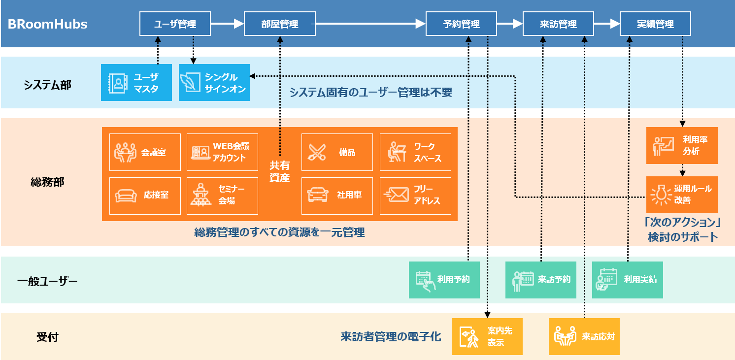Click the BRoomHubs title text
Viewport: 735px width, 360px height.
click(48, 24)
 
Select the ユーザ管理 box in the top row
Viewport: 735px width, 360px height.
click(175, 24)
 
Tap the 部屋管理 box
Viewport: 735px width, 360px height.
click(279, 24)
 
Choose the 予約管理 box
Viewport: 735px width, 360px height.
click(462, 24)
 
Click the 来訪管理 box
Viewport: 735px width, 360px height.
click(558, 24)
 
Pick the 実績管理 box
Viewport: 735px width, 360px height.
click(655, 24)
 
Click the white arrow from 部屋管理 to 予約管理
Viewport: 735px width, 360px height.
click(369, 24)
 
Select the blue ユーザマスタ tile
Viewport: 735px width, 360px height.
click(136, 83)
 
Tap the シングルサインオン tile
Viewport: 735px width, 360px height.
click(214, 83)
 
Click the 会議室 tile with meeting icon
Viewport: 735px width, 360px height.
click(145, 152)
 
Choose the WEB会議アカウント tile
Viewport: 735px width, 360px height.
click(222, 152)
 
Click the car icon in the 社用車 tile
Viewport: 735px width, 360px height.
click(318, 195)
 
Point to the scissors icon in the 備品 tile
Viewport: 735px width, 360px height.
click(318, 152)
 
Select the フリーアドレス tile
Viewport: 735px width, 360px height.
click(415, 196)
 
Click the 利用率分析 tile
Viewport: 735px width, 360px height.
click(682, 146)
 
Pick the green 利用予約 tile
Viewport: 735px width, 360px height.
click(444, 280)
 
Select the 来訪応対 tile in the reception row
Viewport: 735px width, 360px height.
click(584, 337)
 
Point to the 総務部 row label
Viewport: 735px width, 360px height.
click(47, 182)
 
